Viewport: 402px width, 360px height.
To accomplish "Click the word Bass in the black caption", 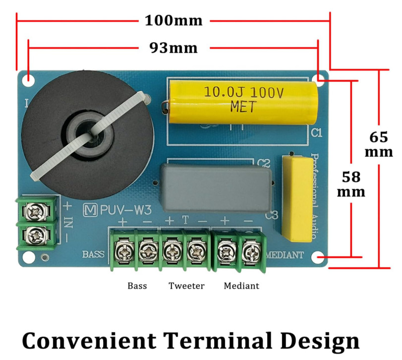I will pos(137,286).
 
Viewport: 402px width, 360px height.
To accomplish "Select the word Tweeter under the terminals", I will pos(186,286).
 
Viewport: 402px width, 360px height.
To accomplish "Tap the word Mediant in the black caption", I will pos(241,286).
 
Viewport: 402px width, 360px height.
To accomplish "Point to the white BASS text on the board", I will pos(93,254).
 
